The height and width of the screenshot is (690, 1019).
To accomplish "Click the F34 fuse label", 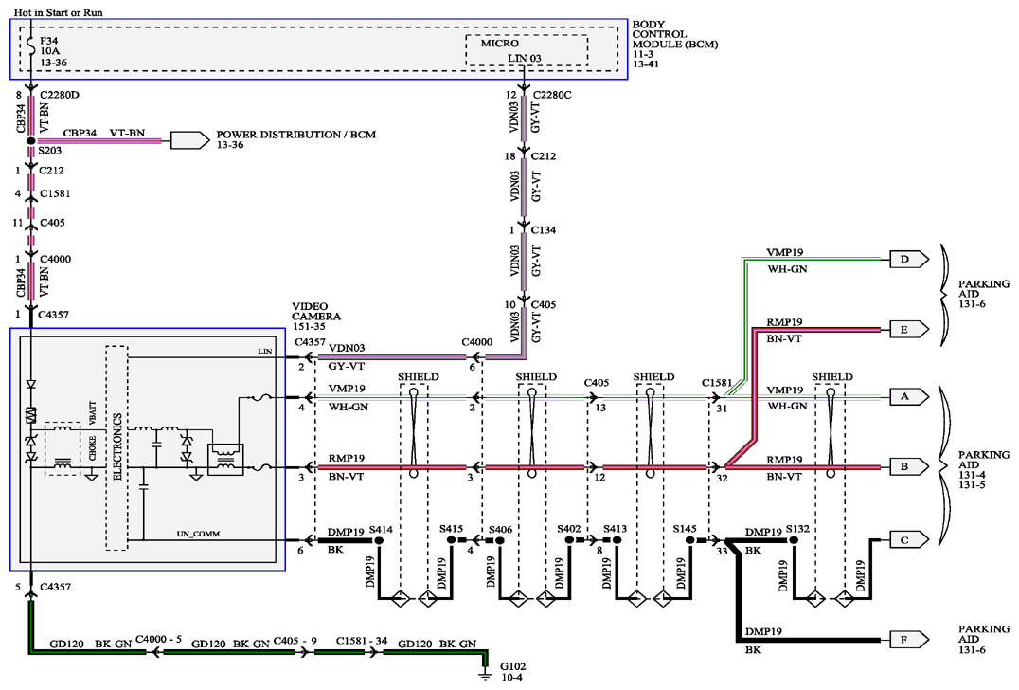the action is click(48, 41).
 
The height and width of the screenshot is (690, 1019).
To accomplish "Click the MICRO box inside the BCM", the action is click(527, 50).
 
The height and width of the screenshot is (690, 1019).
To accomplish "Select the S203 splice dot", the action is click(30, 140).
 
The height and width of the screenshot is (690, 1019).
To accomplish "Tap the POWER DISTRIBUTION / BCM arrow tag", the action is click(189, 140).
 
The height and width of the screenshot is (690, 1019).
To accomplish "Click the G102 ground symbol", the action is click(486, 675).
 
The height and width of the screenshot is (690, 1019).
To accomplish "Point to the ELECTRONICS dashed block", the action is click(117, 448).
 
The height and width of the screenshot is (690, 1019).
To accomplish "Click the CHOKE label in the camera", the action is click(92, 447).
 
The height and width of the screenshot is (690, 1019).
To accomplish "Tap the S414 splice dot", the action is click(379, 540).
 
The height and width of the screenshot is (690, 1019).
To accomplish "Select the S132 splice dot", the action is click(794, 540).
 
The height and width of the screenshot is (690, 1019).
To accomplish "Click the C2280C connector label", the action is click(551, 95).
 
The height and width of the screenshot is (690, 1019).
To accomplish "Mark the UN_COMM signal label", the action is click(198, 534).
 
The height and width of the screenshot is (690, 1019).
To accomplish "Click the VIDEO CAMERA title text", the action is click(316, 312).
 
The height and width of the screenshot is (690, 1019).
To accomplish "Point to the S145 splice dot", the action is click(690, 540).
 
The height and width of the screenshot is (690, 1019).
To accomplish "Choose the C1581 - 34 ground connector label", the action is click(362, 641).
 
